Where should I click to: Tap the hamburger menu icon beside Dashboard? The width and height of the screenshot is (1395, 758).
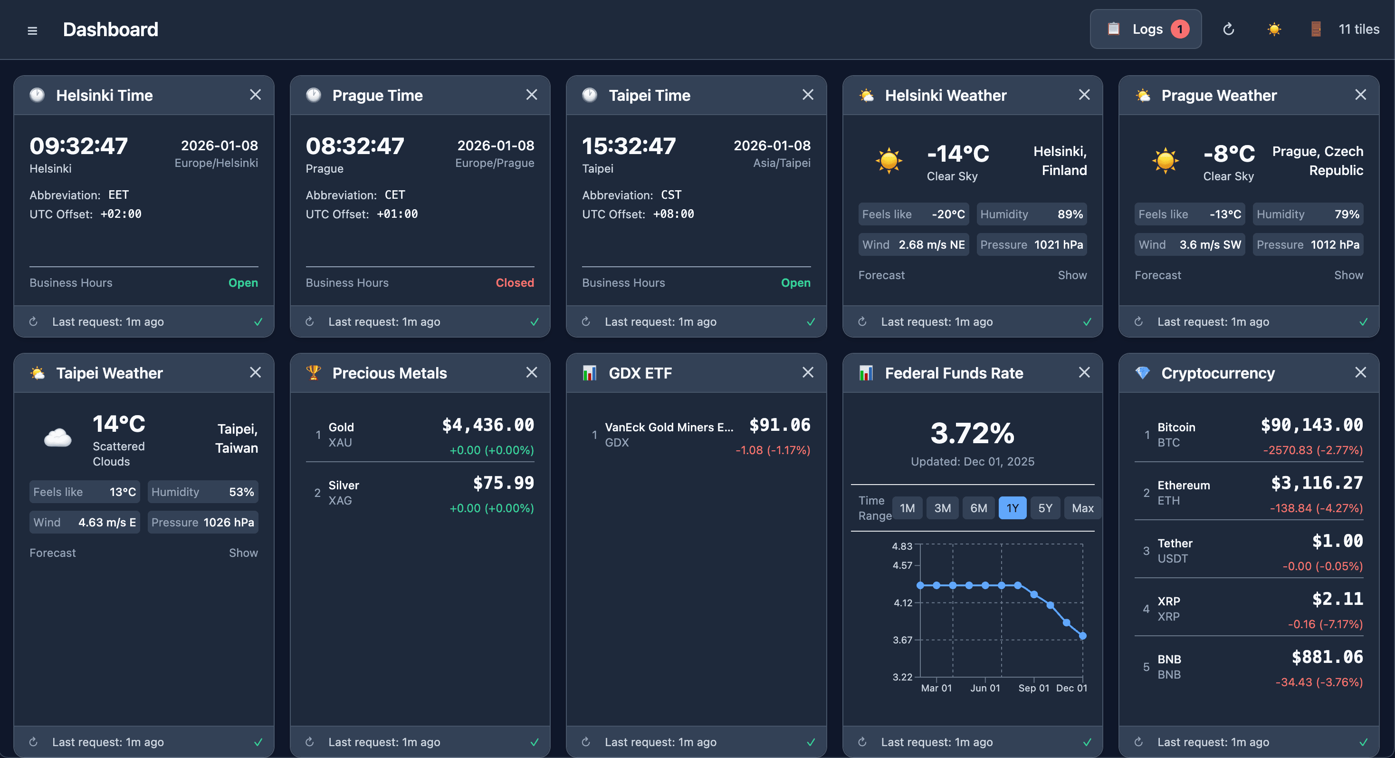coord(32,31)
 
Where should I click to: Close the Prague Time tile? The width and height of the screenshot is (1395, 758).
coord(531,95)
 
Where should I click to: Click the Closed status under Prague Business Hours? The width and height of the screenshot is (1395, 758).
coord(515,283)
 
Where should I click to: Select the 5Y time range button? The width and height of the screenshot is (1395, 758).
coord(1045,508)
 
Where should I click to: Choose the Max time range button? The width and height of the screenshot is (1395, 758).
coord(1082,508)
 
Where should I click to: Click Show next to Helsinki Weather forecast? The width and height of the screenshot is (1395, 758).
coord(1072,275)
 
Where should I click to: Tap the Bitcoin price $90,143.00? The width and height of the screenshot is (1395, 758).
coord(1311,425)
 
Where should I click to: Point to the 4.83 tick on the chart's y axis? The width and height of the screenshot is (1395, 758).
coord(902,546)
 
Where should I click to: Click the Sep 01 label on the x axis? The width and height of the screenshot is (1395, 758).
coord(1033,688)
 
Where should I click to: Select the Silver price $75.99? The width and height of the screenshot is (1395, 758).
coord(503,483)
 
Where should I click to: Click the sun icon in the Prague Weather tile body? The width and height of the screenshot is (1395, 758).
coord(1165,160)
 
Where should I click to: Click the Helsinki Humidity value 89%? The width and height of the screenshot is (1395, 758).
coord(1070,214)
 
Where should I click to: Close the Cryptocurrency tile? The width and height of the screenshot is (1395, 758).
coord(1360,372)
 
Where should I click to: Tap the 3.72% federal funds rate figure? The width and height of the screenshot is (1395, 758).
coord(972,434)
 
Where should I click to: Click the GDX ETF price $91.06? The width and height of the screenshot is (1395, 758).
coord(779,425)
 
